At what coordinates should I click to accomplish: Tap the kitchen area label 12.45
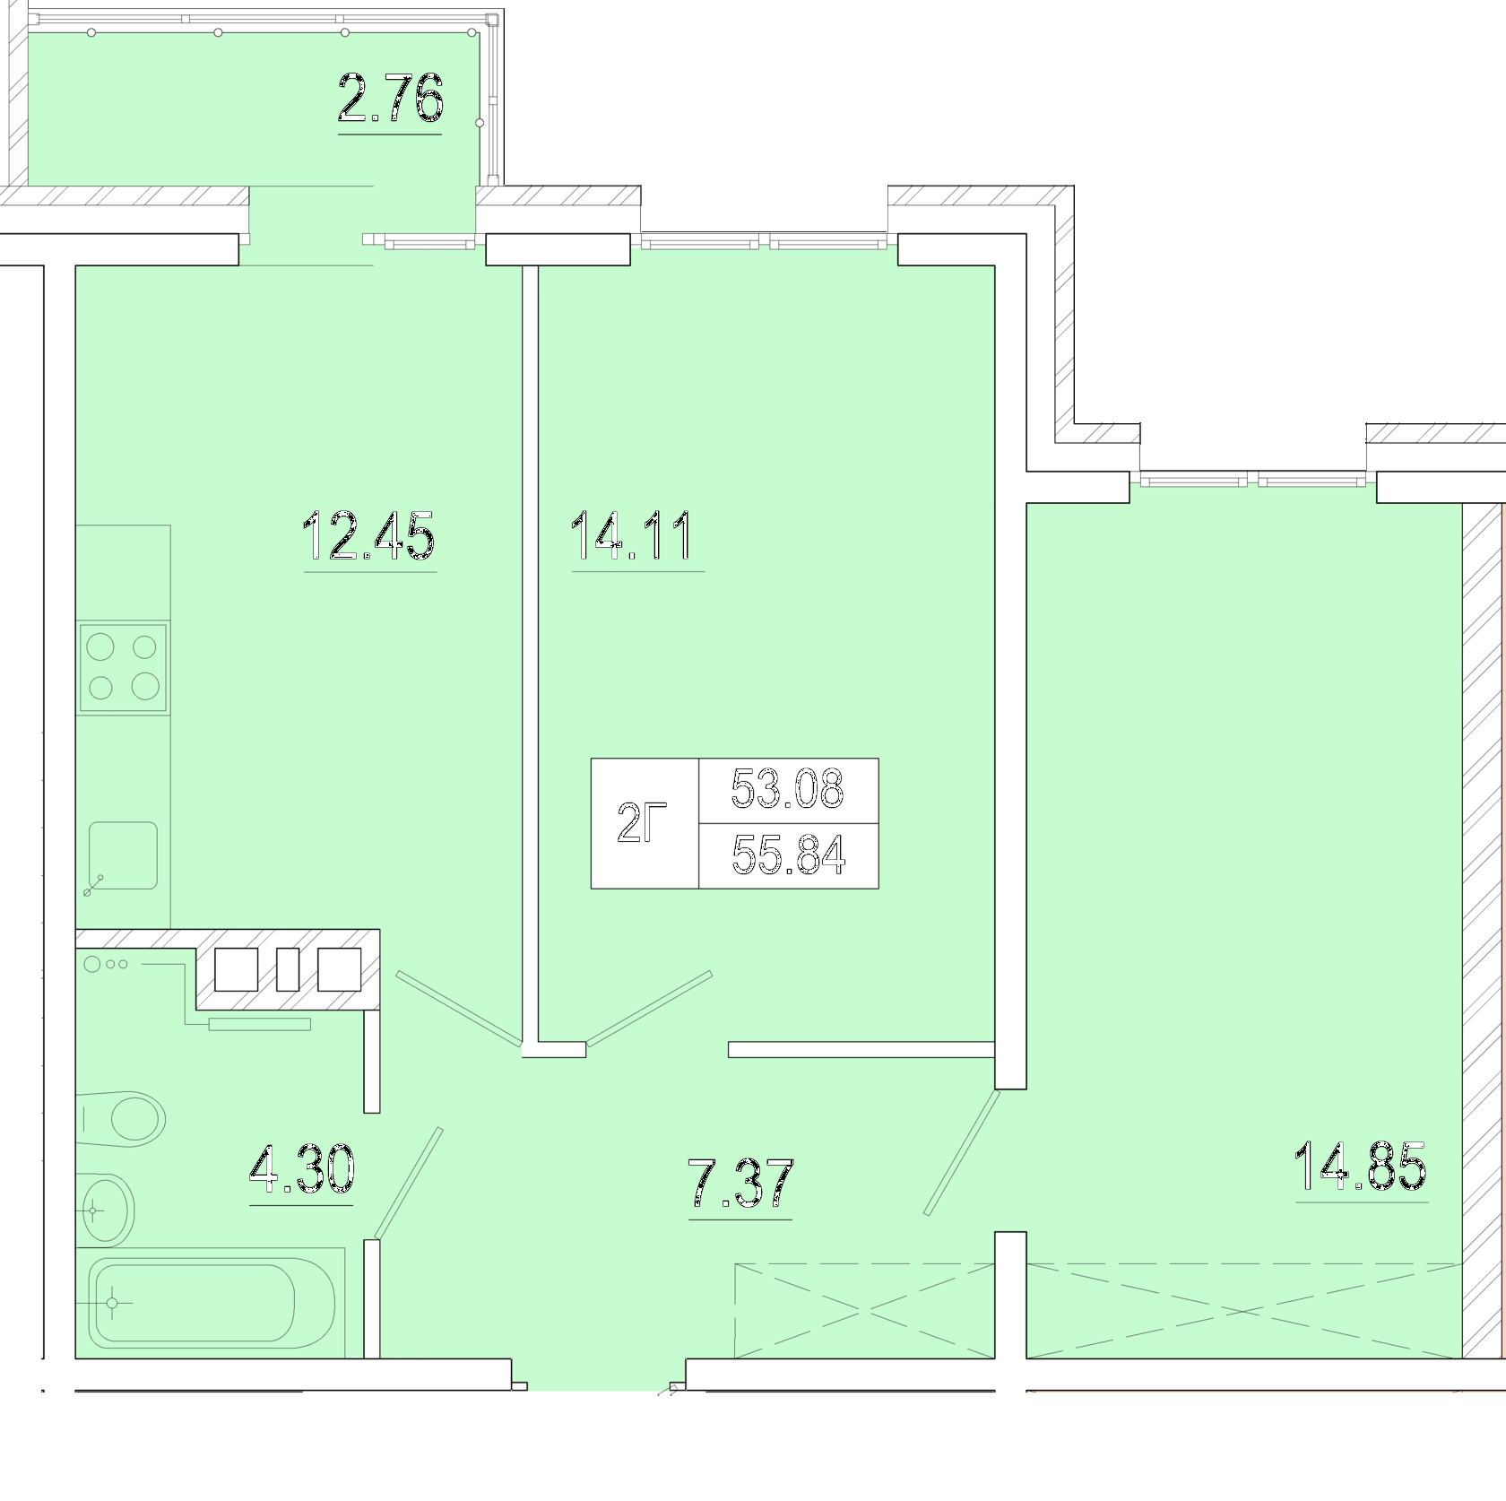pos(369,535)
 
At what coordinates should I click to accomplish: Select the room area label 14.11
pos(631,535)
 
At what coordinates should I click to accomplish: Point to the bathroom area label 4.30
pos(302,1170)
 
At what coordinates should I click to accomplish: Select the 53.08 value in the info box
pos(787,789)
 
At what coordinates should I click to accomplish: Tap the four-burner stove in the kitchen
pos(124,666)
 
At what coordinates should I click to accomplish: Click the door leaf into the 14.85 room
pos(961,1151)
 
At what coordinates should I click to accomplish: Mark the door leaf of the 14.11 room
pos(649,1008)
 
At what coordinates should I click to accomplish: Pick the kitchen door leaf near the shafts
pos(458,1009)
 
